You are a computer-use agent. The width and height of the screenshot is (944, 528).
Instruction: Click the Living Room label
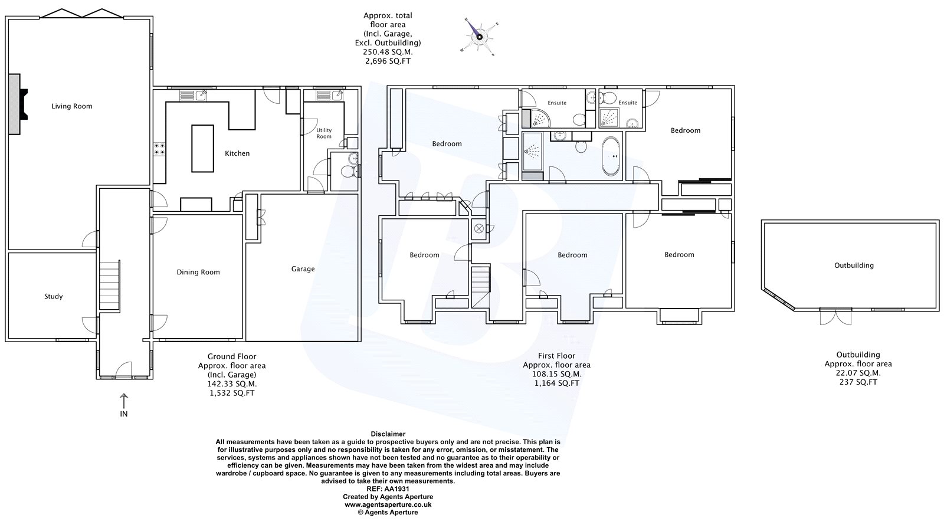click(x=71, y=106)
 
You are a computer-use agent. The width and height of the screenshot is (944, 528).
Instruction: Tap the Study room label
click(x=54, y=297)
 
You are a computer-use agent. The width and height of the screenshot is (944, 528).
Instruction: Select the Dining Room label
click(x=198, y=272)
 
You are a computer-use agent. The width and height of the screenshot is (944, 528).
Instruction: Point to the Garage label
click(x=303, y=269)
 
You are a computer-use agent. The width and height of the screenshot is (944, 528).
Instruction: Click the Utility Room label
click(x=324, y=133)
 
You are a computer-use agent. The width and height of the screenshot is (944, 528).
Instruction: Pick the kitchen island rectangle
click(x=203, y=148)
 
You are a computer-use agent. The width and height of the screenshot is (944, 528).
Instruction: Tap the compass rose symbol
click(x=479, y=37)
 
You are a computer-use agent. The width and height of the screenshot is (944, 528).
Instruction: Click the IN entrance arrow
click(x=123, y=401)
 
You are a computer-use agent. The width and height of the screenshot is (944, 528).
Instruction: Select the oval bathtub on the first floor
click(x=611, y=156)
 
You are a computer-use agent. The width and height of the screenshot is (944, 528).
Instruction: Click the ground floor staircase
click(x=110, y=286)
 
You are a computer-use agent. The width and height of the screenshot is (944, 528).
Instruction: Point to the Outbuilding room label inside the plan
click(x=854, y=265)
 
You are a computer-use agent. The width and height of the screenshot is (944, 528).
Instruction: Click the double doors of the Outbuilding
click(x=835, y=316)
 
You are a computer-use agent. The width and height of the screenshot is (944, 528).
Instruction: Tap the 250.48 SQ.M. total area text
click(x=388, y=53)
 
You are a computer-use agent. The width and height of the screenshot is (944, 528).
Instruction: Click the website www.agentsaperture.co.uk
click(x=388, y=504)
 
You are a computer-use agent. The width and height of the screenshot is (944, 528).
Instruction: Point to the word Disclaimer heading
click(x=388, y=434)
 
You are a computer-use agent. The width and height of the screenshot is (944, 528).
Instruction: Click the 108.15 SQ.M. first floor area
click(x=557, y=374)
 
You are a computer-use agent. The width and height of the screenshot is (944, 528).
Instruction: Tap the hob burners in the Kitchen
click(x=159, y=149)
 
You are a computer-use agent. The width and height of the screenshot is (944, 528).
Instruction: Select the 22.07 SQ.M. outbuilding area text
click(x=858, y=373)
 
